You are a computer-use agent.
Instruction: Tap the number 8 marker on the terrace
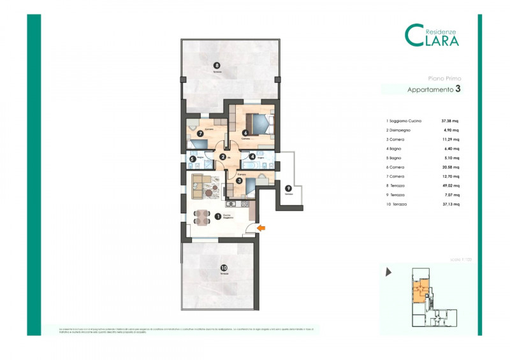217,65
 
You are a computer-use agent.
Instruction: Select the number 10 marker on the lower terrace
223,268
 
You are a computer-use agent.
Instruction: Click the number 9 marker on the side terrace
288,188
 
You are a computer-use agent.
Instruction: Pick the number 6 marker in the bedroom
244,133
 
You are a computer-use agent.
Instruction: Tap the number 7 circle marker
200,134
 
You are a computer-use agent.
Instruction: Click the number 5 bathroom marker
192,159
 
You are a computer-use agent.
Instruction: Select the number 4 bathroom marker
252,157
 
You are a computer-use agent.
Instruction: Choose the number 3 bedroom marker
238,181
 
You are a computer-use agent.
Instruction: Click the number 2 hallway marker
222,157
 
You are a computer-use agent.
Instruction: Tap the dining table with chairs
203,217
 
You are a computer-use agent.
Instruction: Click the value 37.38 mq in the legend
450,120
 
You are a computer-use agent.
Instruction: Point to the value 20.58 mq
450,167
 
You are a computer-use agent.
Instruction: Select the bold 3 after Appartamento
457,90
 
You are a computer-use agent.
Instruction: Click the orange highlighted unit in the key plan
418,292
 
